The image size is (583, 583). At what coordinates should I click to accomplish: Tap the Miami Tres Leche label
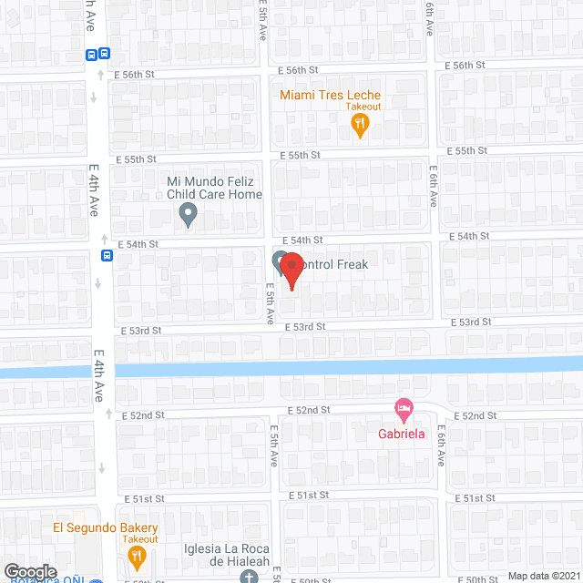[x=330, y=95]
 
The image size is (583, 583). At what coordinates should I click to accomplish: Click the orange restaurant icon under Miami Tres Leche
[x=361, y=126]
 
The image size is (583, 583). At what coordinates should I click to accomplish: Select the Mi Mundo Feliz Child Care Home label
[x=214, y=188]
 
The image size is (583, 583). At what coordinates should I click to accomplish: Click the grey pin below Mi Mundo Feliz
[x=188, y=216]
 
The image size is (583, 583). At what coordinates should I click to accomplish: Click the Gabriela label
[x=402, y=434]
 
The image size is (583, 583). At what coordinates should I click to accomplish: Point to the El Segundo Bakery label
[x=106, y=528]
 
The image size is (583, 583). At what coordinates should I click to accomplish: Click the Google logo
[x=30, y=571]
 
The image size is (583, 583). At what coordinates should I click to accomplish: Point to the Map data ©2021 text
[x=543, y=575]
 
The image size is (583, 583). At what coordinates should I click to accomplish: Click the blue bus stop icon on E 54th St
[x=107, y=255]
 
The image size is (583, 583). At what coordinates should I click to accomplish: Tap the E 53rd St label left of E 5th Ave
[x=138, y=331]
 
